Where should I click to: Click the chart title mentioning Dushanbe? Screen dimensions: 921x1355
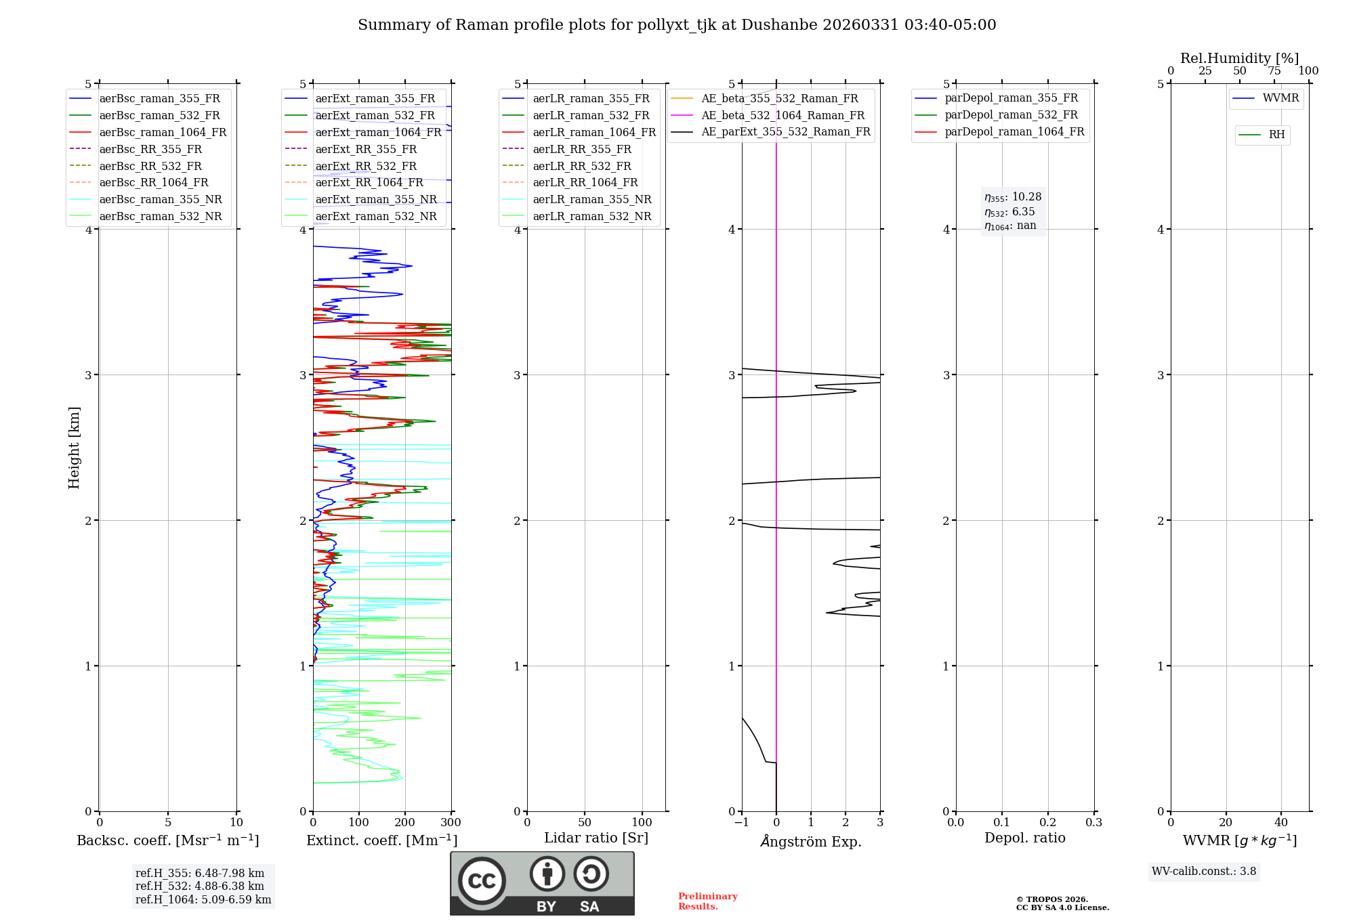[x=677, y=25]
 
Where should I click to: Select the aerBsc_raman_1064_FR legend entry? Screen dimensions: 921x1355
[x=163, y=132]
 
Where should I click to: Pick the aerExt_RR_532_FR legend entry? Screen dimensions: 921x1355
[x=366, y=166]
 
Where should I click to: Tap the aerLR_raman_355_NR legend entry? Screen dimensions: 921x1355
[x=591, y=199]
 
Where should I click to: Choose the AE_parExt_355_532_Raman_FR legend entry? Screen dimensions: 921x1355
[x=785, y=131]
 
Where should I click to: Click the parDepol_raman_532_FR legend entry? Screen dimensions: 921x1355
[x=1011, y=114]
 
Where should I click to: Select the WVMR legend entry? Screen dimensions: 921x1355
[x=1280, y=98]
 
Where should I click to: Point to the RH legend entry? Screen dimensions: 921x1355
[x=1276, y=135]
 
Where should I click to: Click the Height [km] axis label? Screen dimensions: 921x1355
[x=74, y=448]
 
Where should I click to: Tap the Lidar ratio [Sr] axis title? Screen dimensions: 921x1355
[x=596, y=838]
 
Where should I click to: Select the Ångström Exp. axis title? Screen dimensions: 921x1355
[x=811, y=841]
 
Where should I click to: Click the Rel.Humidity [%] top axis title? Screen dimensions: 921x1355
[x=1239, y=58]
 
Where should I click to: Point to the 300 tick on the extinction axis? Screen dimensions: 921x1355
[x=451, y=823]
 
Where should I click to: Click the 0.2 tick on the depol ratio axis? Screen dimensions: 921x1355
[x=1047, y=823]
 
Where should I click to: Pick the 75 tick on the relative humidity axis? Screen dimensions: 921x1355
[x=1274, y=71]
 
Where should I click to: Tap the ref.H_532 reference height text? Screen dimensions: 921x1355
[x=200, y=886]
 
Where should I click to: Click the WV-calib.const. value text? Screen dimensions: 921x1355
[x=1204, y=872]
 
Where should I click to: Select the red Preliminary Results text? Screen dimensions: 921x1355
[x=708, y=901]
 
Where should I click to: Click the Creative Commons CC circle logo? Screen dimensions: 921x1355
[x=482, y=880]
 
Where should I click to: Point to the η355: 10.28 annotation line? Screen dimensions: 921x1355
[x=1013, y=197]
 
